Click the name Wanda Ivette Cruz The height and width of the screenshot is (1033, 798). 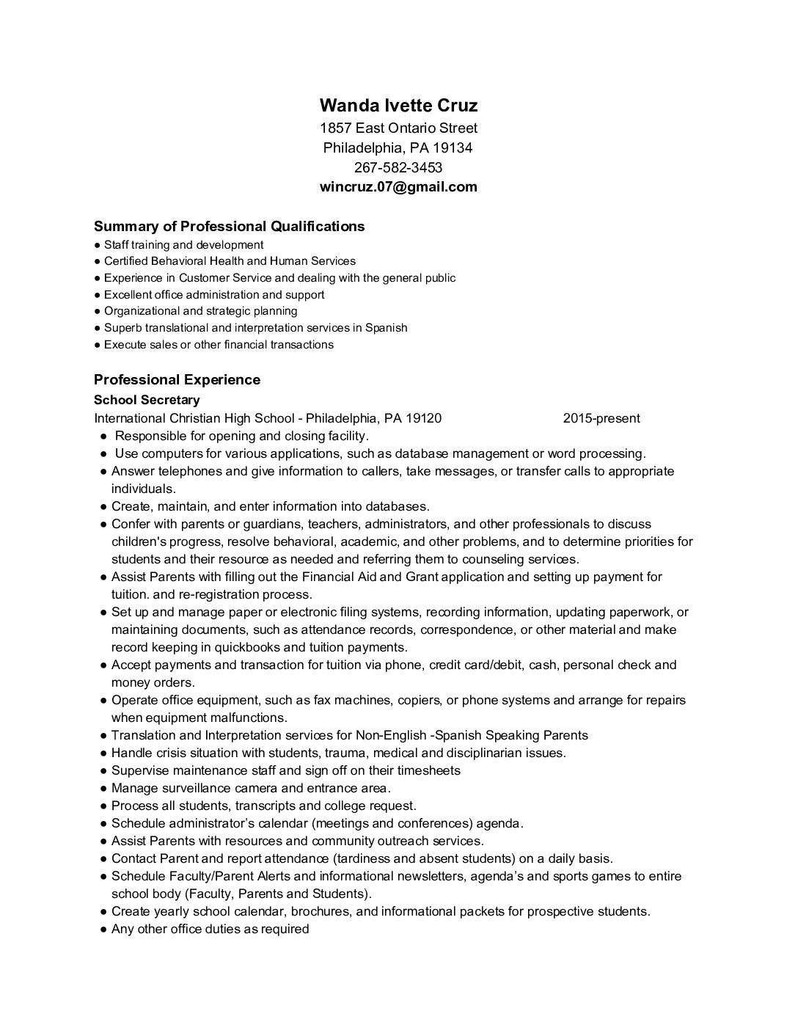click(398, 106)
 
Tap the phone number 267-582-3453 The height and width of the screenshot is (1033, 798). click(398, 167)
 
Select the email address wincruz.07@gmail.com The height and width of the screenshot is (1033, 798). click(398, 186)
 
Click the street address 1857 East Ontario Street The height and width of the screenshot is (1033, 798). click(398, 128)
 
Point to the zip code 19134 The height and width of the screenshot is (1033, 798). click(453, 148)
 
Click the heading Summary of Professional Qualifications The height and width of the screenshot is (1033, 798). click(229, 226)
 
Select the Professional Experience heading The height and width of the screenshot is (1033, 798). click(177, 379)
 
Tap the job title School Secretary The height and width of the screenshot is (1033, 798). click(147, 400)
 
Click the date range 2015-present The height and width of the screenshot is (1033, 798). click(601, 418)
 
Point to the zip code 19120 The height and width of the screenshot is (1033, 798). click(423, 418)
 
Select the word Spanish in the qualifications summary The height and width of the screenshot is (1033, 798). click(386, 328)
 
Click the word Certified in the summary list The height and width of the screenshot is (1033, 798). click(125, 261)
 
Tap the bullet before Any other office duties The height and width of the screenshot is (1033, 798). click(104, 930)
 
